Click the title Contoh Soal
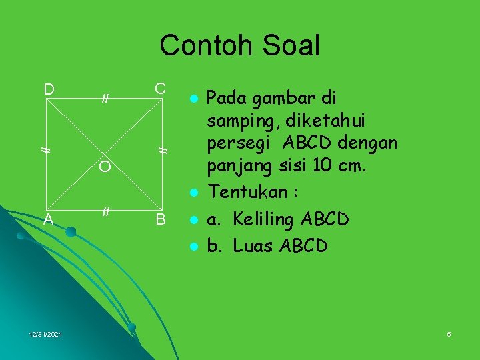click(x=240, y=45)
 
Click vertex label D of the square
click(x=49, y=89)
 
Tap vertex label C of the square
click(x=160, y=89)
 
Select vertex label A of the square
click(x=49, y=219)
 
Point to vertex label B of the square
click(x=161, y=219)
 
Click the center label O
click(x=105, y=167)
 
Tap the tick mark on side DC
click(x=105, y=99)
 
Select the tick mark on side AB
click(x=105, y=212)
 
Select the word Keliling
click(x=261, y=219)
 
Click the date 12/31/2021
click(x=46, y=334)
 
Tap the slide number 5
click(x=449, y=334)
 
